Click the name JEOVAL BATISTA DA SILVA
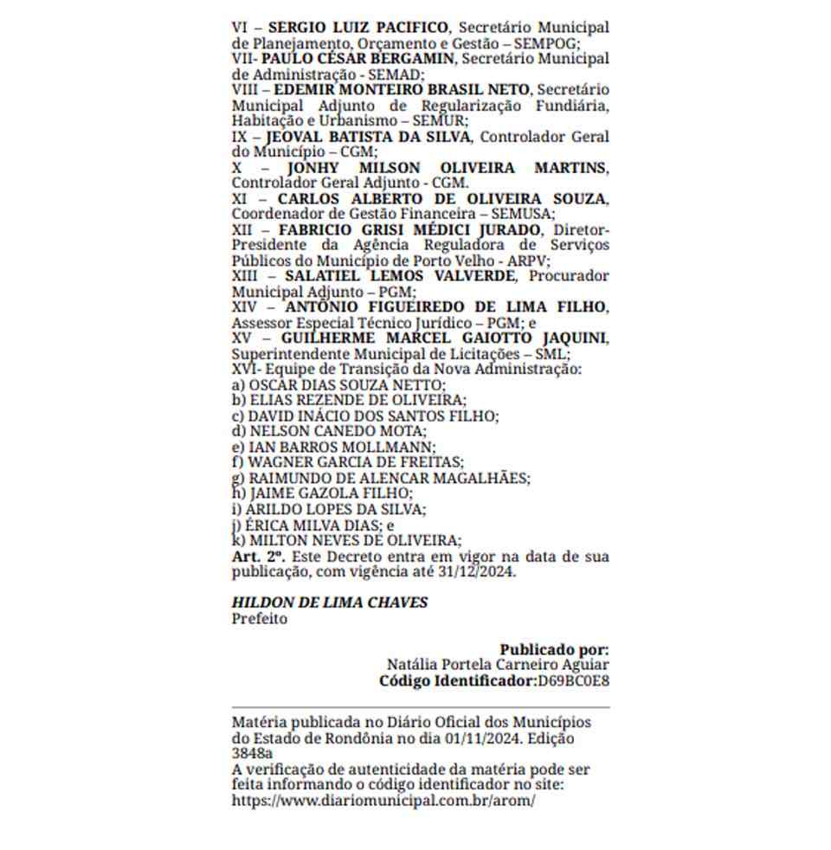click(369, 137)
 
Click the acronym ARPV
click(591, 261)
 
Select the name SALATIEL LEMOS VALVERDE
click(400, 276)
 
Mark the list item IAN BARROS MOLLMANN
click(341, 447)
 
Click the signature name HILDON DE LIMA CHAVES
click(329, 602)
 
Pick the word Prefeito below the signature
click(259, 619)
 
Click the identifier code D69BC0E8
click(573, 681)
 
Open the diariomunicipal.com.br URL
click(383, 800)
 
